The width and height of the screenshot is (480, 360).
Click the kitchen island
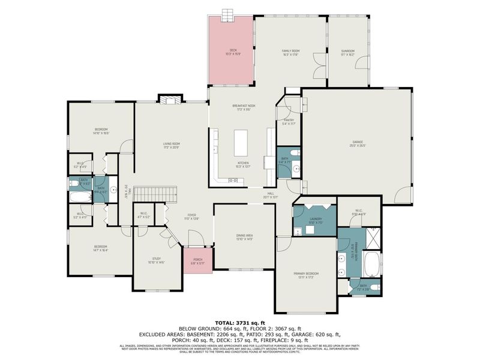click(x=241, y=142)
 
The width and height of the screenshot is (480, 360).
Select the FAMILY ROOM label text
click(x=291, y=52)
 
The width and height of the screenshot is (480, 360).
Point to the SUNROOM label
click(x=348, y=52)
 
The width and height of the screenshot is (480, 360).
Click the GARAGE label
click(x=358, y=143)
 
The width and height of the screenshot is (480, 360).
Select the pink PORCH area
click(x=197, y=262)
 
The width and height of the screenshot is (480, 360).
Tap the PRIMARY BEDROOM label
click(x=306, y=275)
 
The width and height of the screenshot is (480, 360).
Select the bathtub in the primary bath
click(x=373, y=264)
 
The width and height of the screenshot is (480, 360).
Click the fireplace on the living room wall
click(x=171, y=100)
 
